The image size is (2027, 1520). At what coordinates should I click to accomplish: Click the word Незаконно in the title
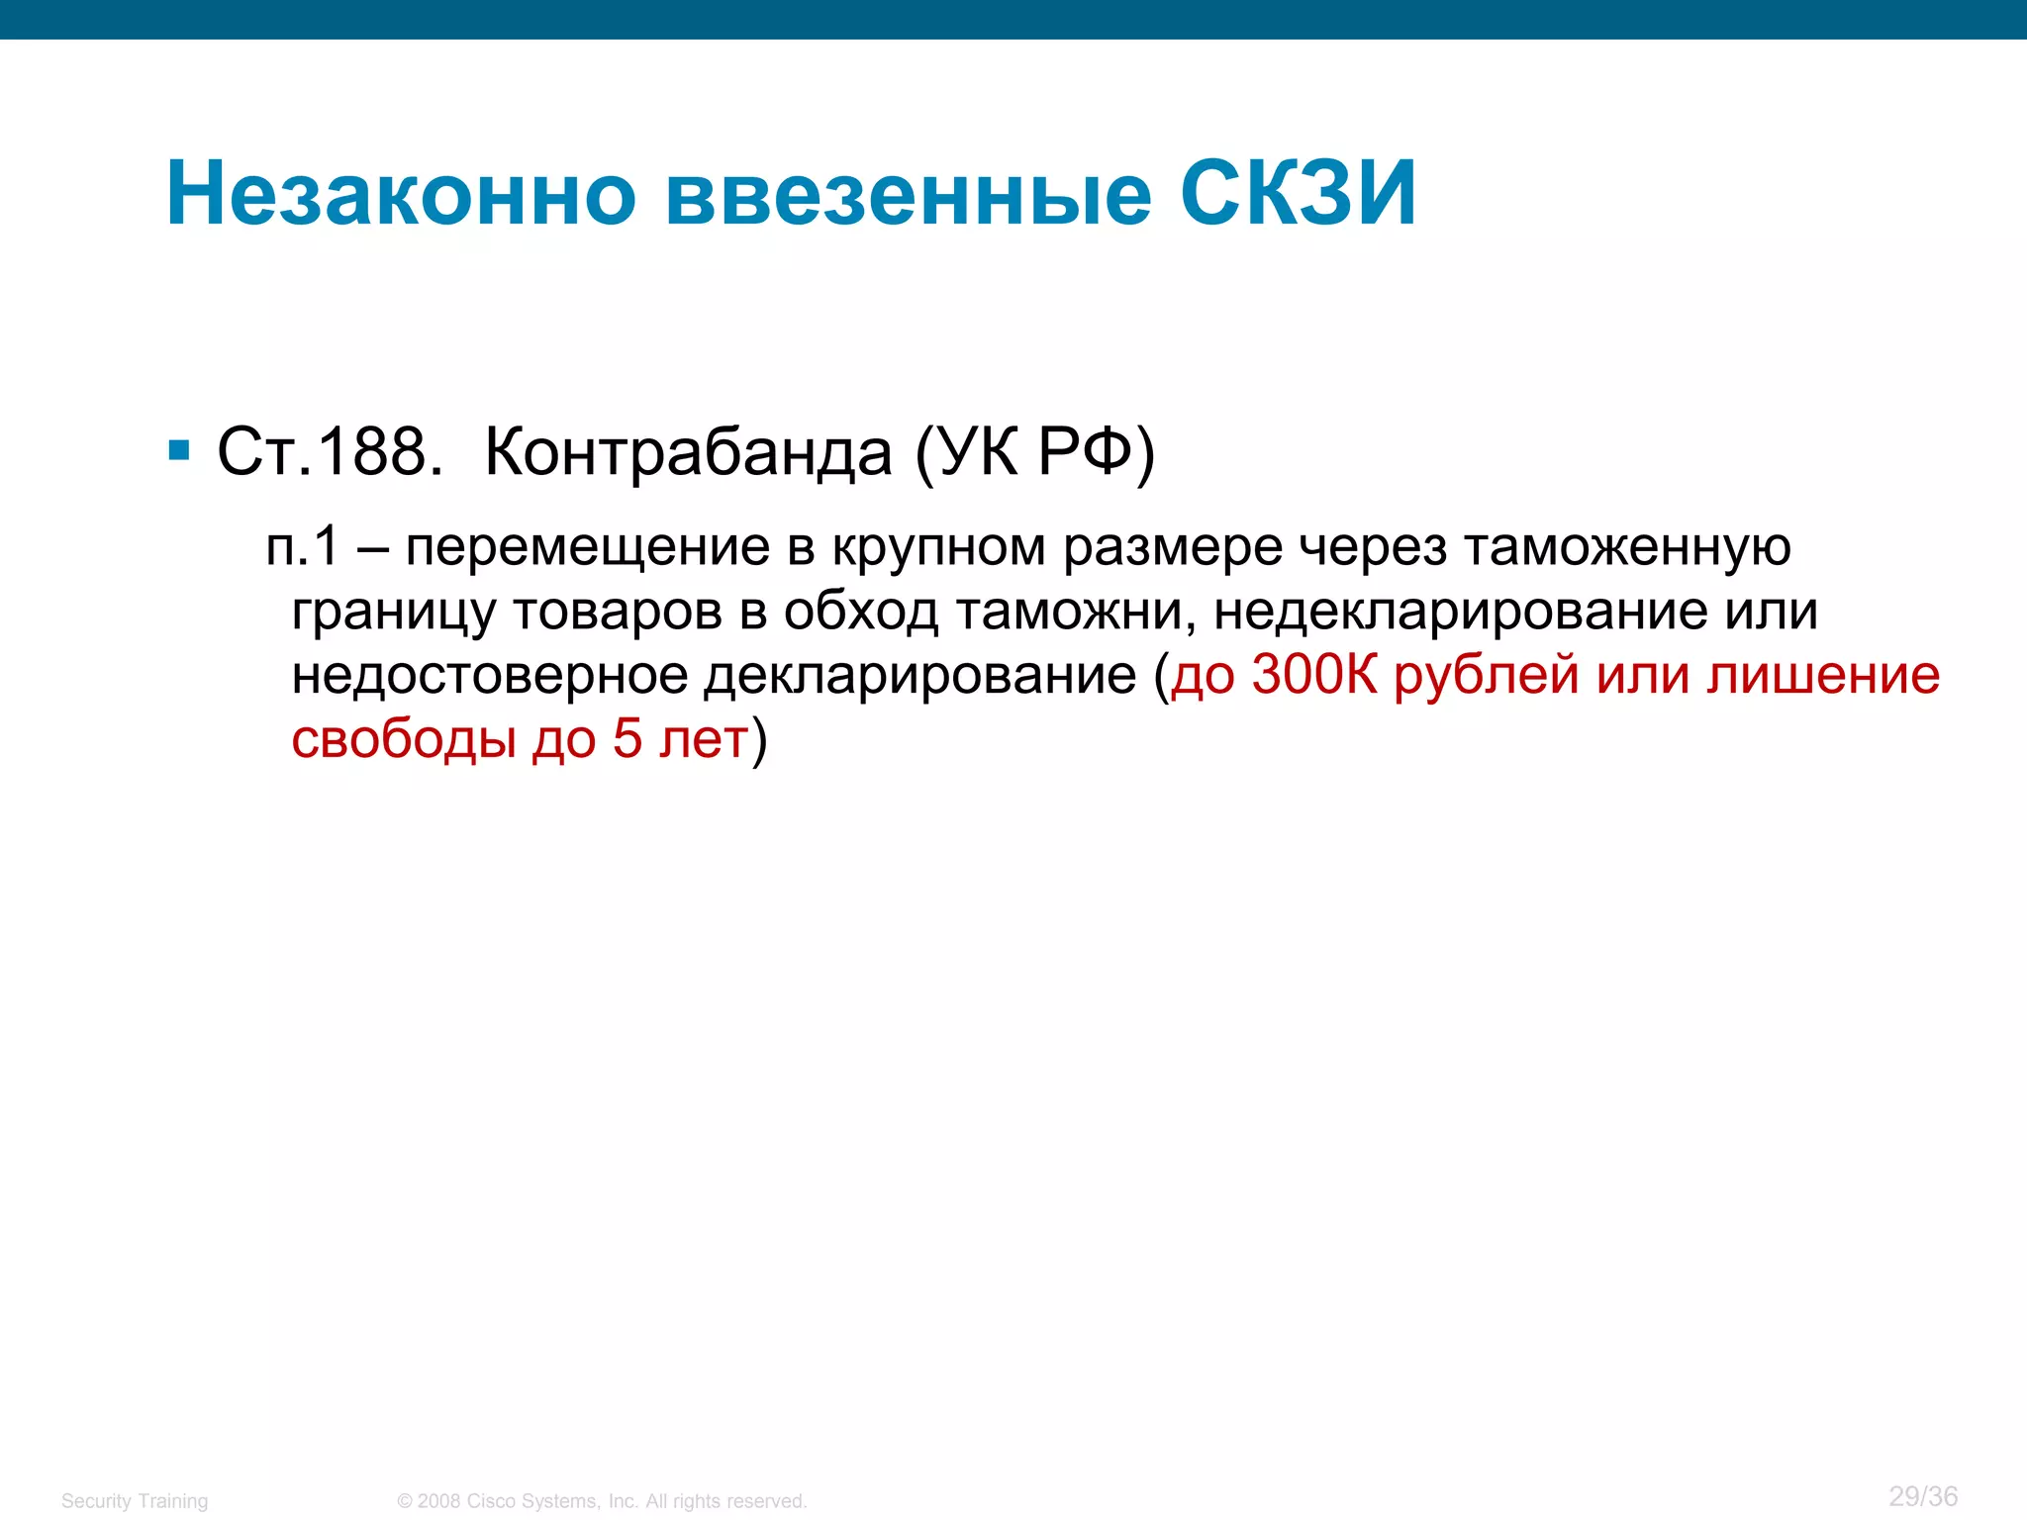401,193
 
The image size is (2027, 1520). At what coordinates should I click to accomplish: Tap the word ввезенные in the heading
909,193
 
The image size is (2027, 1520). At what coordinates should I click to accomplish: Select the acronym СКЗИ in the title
1298,193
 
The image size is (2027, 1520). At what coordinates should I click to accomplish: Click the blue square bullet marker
179,451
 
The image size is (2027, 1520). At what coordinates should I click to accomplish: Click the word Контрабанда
689,452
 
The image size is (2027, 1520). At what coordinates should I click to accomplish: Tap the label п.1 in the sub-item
303,546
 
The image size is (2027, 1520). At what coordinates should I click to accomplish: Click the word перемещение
588,548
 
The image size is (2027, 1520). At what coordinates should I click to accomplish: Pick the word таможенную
1627,548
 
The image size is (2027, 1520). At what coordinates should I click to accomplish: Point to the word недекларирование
1460,611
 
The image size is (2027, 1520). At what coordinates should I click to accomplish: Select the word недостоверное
490,675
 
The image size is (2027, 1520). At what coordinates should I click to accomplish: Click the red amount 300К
1314,675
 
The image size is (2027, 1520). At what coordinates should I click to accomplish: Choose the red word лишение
1824,675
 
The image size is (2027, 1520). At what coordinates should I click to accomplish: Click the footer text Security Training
135,1501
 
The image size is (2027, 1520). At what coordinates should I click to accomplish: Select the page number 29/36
1923,1496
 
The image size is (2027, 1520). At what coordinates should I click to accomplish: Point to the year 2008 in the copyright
438,1501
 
